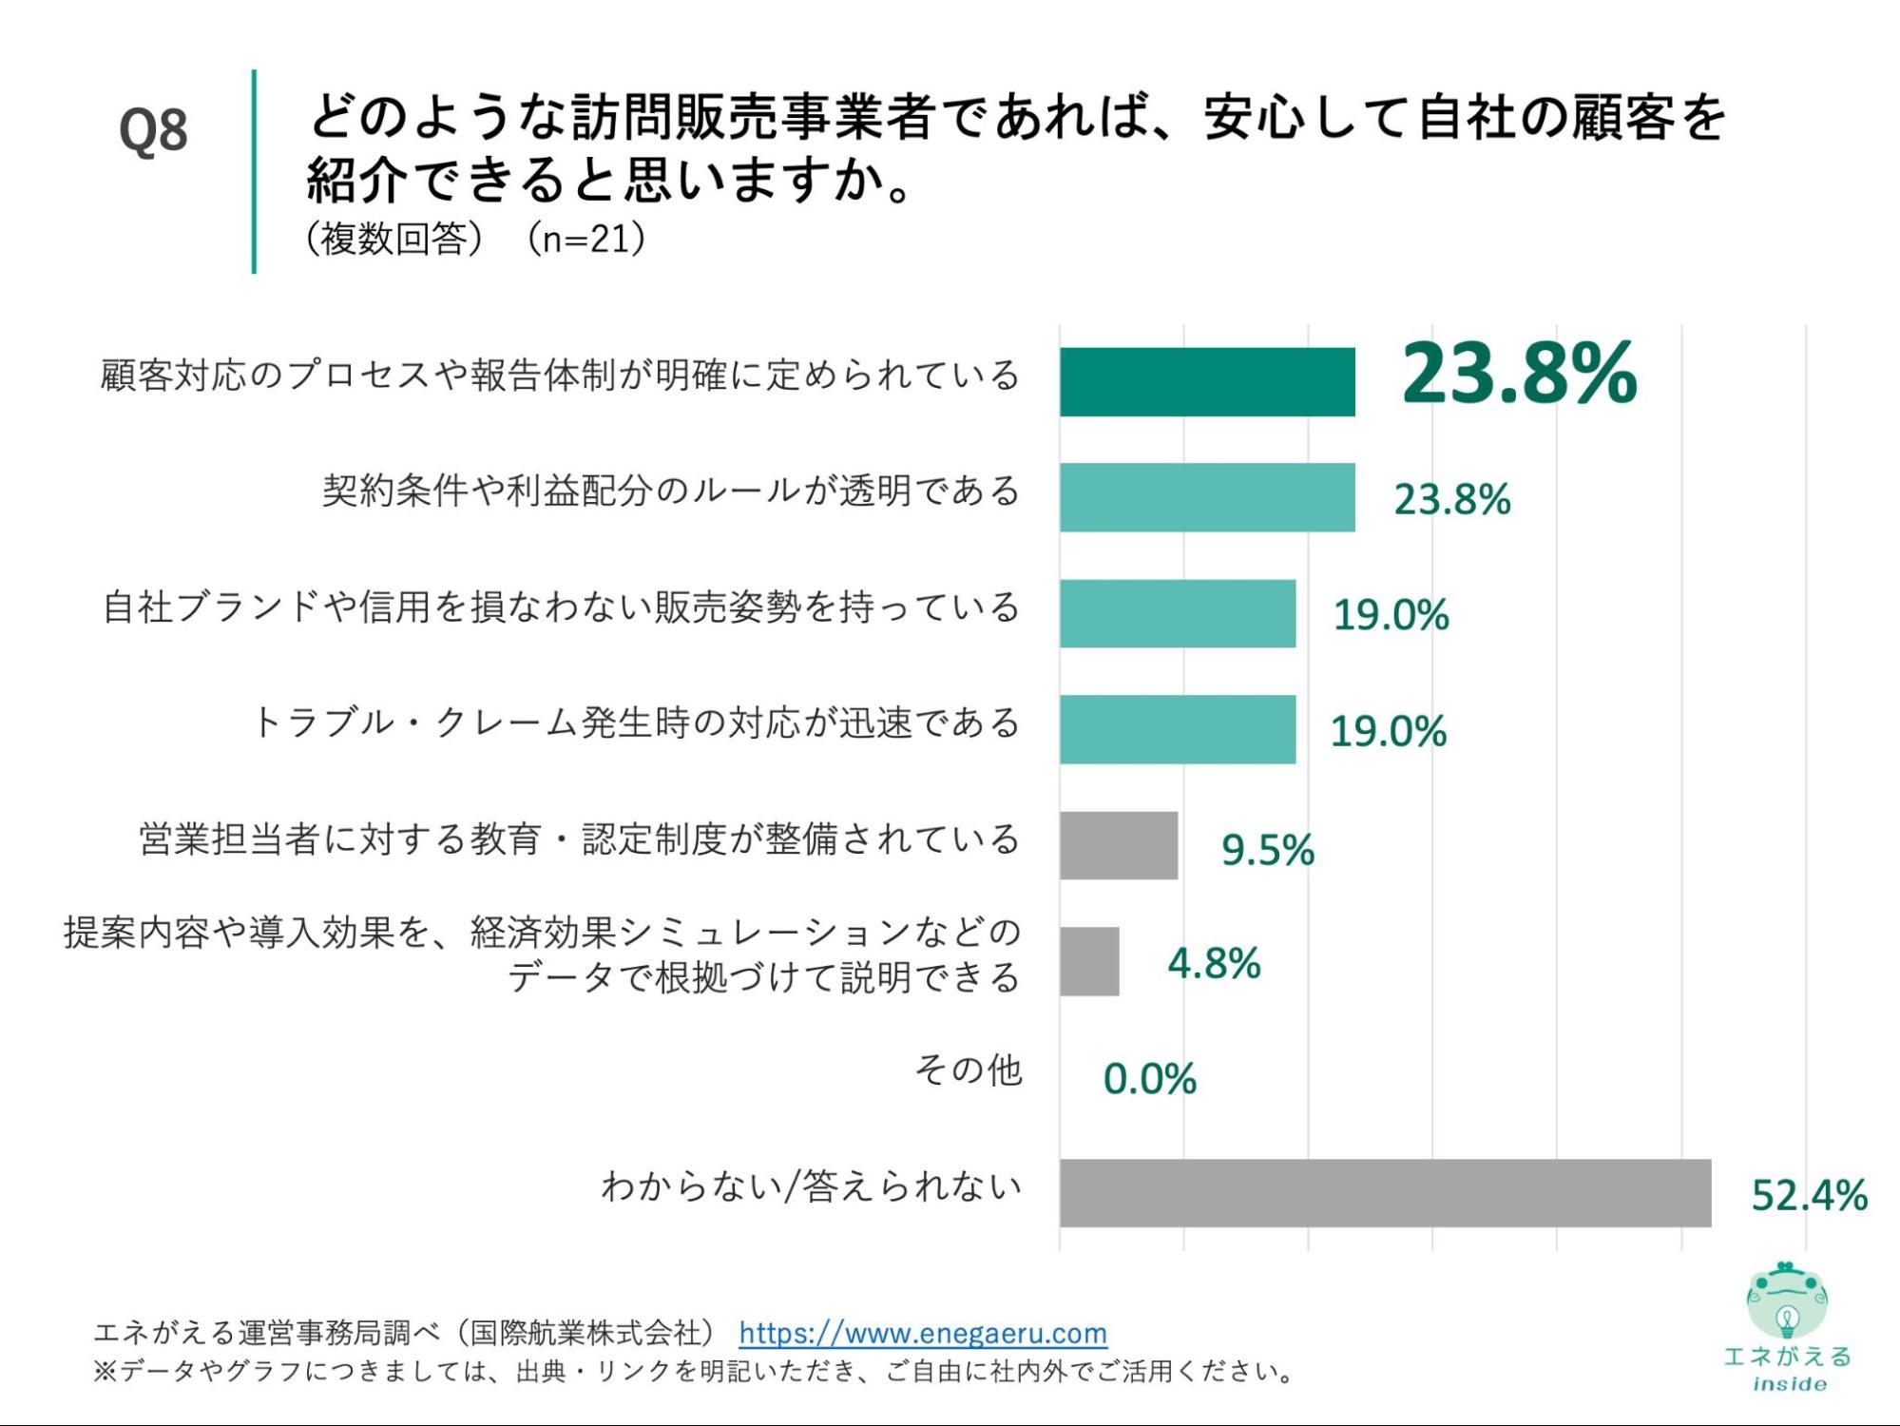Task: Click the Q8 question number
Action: tap(153, 130)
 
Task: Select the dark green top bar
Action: tap(1207, 382)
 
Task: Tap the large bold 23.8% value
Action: tap(1519, 374)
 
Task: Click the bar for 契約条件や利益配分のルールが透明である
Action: tap(1207, 497)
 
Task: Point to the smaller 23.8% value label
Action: tap(1451, 500)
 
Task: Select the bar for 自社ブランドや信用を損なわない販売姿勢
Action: tap(1178, 613)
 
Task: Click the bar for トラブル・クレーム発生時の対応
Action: tap(1178, 729)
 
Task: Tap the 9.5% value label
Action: tap(1267, 850)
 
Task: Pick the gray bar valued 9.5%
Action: tap(1119, 845)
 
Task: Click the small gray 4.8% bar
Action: tap(1089, 961)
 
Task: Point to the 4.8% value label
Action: tap(1214, 964)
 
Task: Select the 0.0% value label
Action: tap(1149, 1079)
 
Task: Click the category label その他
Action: tap(968, 1070)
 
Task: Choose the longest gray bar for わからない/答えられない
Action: tap(1385, 1192)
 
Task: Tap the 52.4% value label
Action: tap(1809, 1195)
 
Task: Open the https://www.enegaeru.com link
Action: tap(922, 1333)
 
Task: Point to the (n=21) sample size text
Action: tap(586, 239)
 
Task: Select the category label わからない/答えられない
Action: tap(811, 1186)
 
